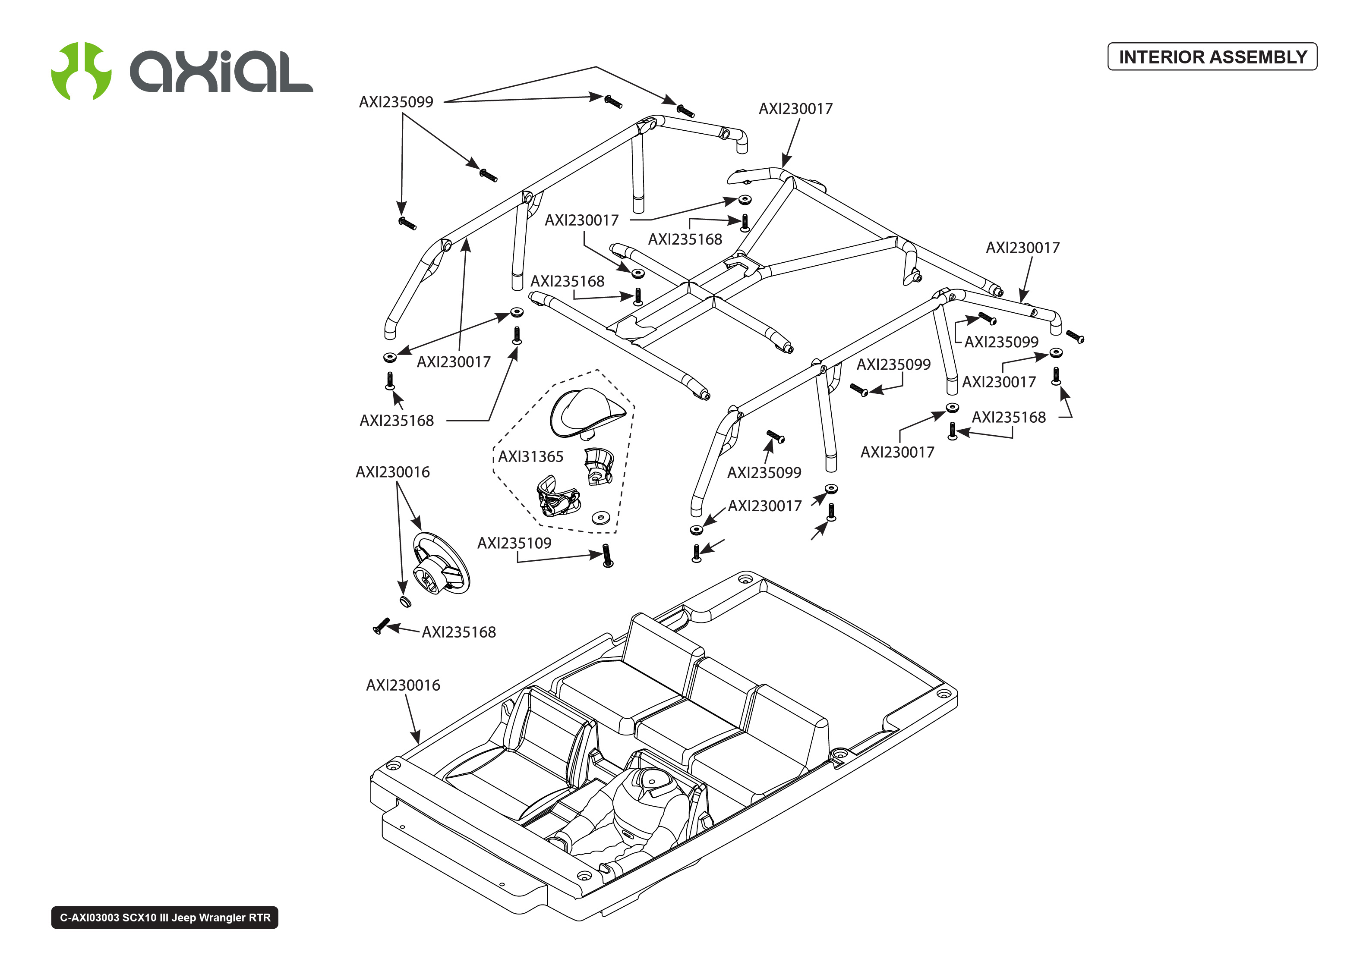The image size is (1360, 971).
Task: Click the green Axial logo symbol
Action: (81, 71)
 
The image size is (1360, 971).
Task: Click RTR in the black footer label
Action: (259, 918)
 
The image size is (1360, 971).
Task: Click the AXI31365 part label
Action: (530, 457)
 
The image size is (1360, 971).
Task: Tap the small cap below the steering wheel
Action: (405, 601)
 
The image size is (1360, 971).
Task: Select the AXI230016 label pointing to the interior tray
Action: (403, 685)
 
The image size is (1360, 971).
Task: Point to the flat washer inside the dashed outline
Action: (600, 517)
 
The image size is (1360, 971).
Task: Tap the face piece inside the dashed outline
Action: (557, 496)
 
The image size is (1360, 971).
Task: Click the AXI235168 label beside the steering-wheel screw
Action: (459, 632)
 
